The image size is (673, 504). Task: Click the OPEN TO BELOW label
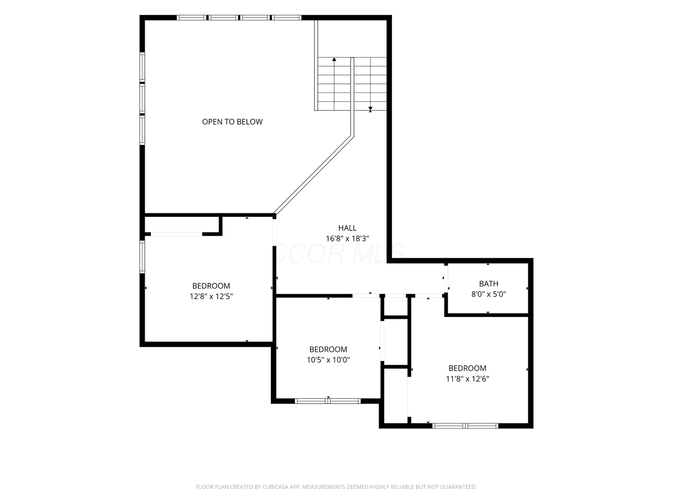tap(232, 122)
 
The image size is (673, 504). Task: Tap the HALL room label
tap(347, 228)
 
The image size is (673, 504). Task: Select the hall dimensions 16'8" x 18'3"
tap(347, 239)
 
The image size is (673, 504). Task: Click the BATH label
tap(488, 284)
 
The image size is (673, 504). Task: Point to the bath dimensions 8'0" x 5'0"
tap(488, 295)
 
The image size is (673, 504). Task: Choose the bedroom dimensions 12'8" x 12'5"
tap(211, 297)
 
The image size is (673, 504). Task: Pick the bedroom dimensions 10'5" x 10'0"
tap(328, 360)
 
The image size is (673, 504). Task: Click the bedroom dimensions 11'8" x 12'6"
tap(467, 379)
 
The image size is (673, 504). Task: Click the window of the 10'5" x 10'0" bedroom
tap(328, 401)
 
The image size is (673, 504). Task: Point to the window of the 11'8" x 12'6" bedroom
tap(465, 426)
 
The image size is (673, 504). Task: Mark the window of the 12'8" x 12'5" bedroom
tap(142, 256)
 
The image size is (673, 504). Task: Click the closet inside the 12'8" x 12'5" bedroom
tap(182, 225)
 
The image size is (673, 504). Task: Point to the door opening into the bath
tap(446, 279)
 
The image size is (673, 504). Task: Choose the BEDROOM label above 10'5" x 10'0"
tap(328, 349)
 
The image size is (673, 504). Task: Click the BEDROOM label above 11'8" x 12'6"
tap(467, 368)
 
